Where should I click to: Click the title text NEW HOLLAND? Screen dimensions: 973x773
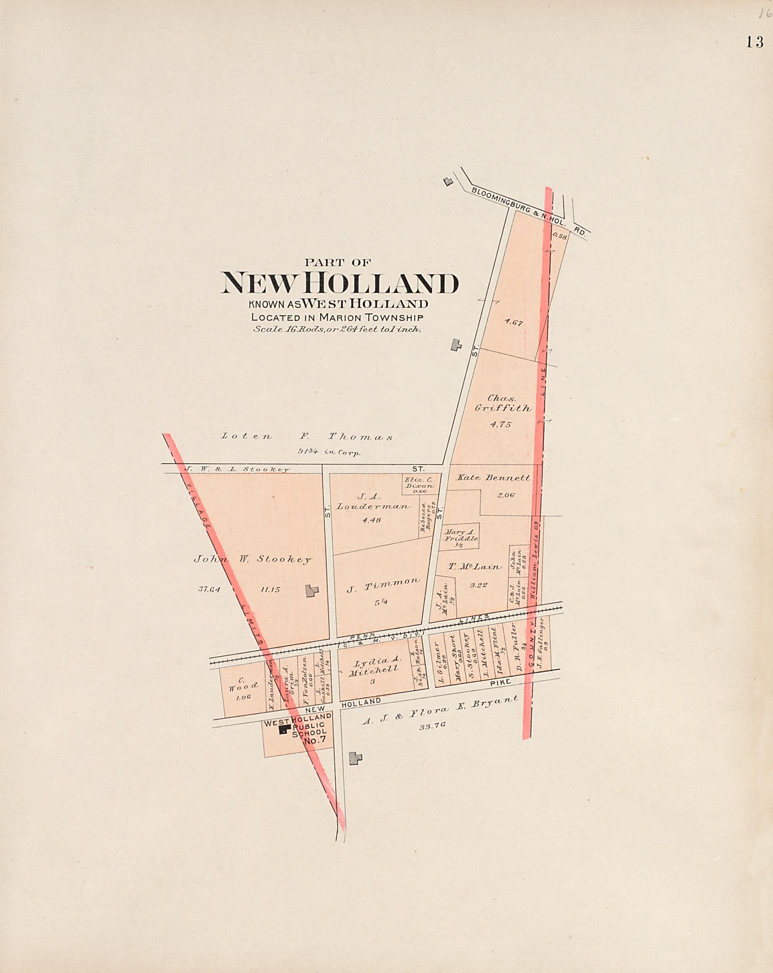coord(340,283)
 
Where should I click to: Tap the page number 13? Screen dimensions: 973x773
coord(754,42)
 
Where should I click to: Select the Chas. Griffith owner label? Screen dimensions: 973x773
coord(503,403)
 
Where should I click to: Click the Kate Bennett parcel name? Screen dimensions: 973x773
coord(494,477)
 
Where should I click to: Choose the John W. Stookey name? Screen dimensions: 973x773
coord(253,559)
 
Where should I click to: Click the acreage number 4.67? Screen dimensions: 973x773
coord(514,323)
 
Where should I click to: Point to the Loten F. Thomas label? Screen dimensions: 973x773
coord(307,436)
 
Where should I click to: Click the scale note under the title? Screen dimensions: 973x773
coord(337,329)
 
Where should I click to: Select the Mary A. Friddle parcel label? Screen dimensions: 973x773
coord(460,536)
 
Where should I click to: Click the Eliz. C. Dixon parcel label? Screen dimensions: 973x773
coord(419,483)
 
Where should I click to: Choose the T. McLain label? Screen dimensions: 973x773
coord(475,566)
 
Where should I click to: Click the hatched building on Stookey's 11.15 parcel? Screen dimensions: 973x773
coord(312,591)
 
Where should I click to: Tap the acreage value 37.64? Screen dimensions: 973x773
coord(209,589)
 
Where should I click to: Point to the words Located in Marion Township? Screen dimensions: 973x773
coord(337,317)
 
